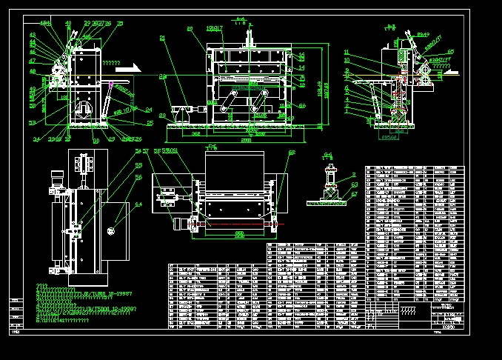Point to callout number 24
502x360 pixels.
click(x=149, y=110)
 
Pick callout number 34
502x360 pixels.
click(x=36, y=139)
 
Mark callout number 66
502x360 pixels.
click(x=302, y=106)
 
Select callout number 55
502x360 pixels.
click(x=138, y=167)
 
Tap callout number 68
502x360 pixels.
click(x=292, y=153)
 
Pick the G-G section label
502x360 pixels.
click(x=328, y=154)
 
